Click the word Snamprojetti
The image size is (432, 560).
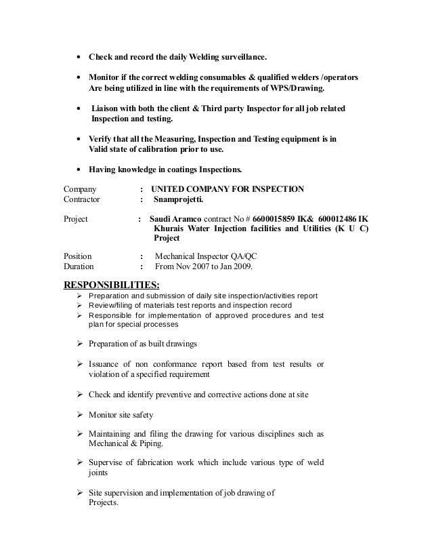(178, 200)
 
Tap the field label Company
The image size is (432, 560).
(80, 188)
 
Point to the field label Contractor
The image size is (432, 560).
(81, 200)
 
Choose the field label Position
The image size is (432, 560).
(78, 256)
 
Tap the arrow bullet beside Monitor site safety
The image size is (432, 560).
(80, 414)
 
